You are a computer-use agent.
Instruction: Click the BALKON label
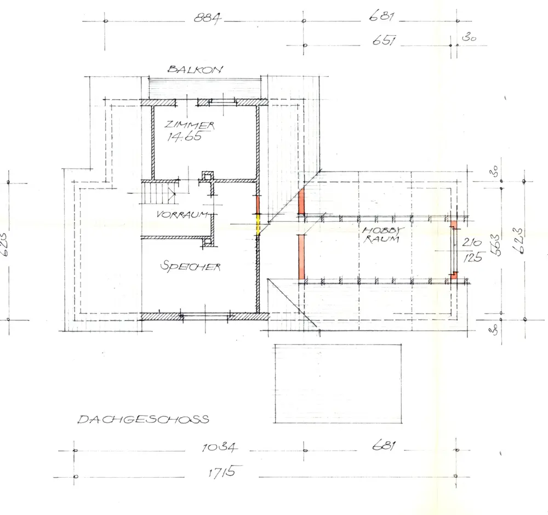point(195,69)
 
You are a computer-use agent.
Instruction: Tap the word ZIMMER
point(190,125)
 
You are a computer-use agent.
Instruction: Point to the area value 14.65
point(184,136)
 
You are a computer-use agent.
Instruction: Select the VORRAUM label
point(182,214)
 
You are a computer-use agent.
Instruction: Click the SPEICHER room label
point(191,267)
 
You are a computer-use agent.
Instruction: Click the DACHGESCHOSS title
point(143,419)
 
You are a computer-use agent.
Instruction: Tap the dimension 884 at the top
point(208,18)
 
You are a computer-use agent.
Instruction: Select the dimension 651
point(384,41)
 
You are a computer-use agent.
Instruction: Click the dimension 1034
point(220,447)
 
